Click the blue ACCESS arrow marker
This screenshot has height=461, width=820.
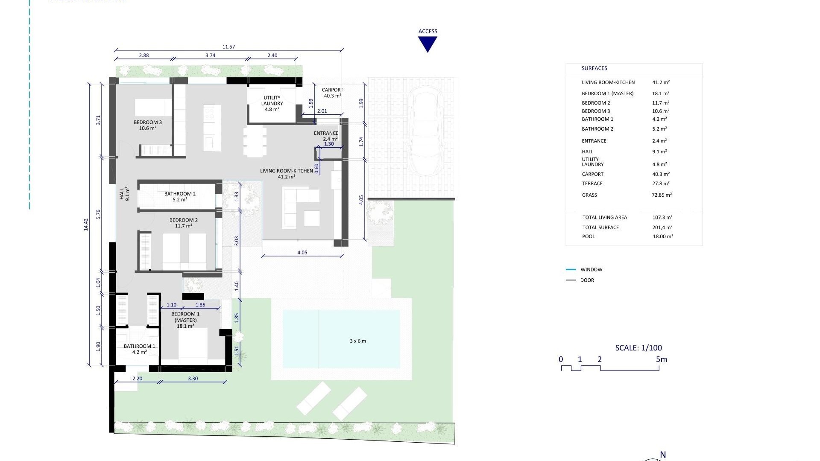pyautogui.click(x=428, y=44)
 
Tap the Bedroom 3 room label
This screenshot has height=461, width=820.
pyautogui.click(x=147, y=125)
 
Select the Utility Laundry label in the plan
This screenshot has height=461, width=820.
pyautogui.click(x=272, y=103)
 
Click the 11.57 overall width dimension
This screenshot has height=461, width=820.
pyautogui.click(x=228, y=47)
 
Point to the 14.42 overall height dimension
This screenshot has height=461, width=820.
pyautogui.click(x=86, y=225)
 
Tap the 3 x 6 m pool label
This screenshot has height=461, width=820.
pyautogui.click(x=358, y=341)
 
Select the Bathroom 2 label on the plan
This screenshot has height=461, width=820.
pyautogui.click(x=180, y=196)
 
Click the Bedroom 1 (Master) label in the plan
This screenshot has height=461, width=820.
pyautogui.click(x=185, y=320)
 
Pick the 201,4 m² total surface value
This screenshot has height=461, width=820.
pyautogui.click(x=662, y=228)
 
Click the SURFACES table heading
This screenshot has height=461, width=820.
pyautogui.click(x=594, y=68)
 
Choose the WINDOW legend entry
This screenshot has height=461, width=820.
pyautogui.click(x=591, y=270)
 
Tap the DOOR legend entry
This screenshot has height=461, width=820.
pyautogui.click(x=587, y=280)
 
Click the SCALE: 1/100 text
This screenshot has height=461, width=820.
pyautogui.click(x=638, y=348)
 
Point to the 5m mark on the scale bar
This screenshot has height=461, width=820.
pyautogui.click(x=661, y=359)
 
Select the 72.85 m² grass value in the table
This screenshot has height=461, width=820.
pyautogui.click(x=662, y=195)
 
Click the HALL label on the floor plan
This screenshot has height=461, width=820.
pyautogui.click(x=124, y=194)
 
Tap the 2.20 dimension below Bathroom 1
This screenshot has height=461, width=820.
pyautogui.click(x=137, y=379)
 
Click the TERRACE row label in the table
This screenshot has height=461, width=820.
pyautogui.click(x=592, y=184)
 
